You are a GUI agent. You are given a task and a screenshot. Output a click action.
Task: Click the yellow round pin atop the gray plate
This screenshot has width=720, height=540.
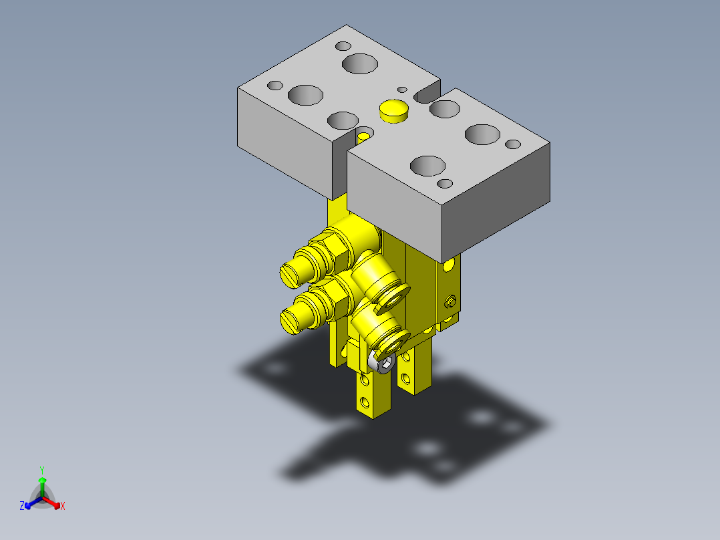pyautogui.click(x=394, y=111)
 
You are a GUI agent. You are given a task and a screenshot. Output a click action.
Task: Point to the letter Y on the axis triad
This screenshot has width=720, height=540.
pyautogui.click(x=42, y=470)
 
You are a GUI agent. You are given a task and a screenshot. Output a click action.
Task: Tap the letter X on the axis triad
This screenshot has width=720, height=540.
pyautogui.click(x=63, y=506)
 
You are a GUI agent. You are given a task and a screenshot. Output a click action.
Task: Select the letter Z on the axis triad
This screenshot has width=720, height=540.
pyautogui.click(x=22, y=506)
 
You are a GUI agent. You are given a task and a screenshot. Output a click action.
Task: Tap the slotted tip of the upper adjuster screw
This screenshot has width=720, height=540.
pyautogui.click(x=290, y=277)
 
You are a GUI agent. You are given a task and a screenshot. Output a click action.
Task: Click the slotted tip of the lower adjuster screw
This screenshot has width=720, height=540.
pyautogui.click(x=290, y=322)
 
